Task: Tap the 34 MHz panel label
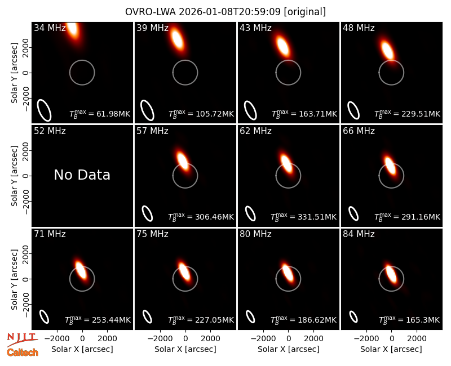point(50,28)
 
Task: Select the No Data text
point(82,175)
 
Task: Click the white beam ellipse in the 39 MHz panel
point(147,110)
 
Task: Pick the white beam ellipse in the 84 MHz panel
point(353,317)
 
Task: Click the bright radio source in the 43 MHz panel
point(283,46)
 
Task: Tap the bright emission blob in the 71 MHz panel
point(81,270)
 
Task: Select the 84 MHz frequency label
point(359,234)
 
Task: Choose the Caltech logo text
point(23,352)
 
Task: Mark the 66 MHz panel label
point(359,131)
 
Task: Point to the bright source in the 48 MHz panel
point(387,50)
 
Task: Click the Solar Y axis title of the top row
point(14,73)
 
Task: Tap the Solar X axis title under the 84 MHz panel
point(391,349)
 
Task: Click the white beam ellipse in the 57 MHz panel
point(147,213)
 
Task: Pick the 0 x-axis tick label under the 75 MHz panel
point(185,339)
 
